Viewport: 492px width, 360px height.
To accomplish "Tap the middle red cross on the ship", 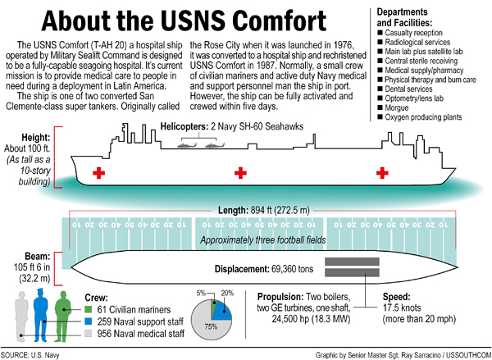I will tap(240, 173).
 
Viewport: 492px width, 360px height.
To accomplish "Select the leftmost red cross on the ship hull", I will tap(100, 173).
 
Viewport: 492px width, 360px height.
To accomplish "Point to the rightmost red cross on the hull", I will tap(381, 173).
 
